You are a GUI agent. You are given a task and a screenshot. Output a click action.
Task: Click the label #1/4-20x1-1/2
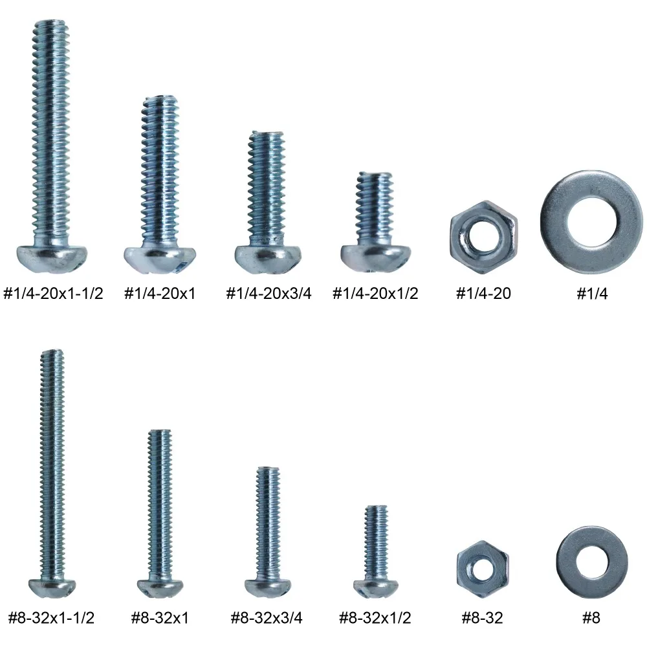[x=53, y=293]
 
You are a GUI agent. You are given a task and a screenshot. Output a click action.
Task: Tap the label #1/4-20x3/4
[x=269, y=293]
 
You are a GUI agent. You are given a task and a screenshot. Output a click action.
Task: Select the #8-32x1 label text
[x=160, y=618]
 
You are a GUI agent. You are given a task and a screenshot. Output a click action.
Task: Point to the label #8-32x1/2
[x=375, y=618]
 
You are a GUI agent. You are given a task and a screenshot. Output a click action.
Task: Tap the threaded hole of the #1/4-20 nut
[x=483, y=237]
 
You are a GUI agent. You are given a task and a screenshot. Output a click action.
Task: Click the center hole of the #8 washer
[x=592, y=562]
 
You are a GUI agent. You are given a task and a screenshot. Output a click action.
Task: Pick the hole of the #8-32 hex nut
[x=483, y=571]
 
